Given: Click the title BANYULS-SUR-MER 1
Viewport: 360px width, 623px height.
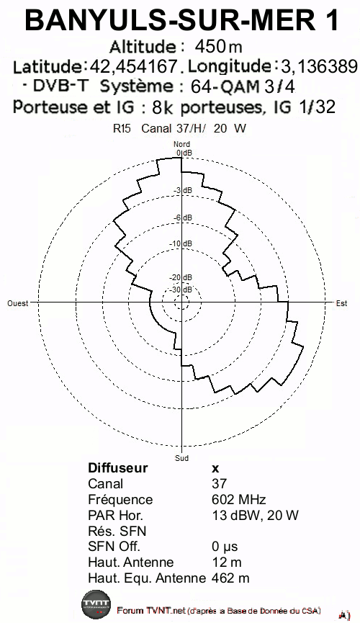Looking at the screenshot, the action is click(181, 21).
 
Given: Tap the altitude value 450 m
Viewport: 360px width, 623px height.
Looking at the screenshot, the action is click(218, 47).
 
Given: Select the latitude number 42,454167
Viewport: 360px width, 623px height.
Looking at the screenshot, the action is click(133, 66).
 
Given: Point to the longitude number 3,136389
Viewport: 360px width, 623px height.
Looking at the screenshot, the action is click(320, 66).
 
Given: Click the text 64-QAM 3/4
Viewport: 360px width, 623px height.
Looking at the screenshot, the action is click(243, 86).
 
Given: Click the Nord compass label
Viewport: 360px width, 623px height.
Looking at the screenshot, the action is click(181, 144).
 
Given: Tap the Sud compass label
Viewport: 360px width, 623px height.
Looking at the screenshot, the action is click(181, 458).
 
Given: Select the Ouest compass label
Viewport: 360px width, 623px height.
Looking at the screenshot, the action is click(18, 303).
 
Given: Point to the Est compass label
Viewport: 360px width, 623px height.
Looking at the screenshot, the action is click(341, 303).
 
